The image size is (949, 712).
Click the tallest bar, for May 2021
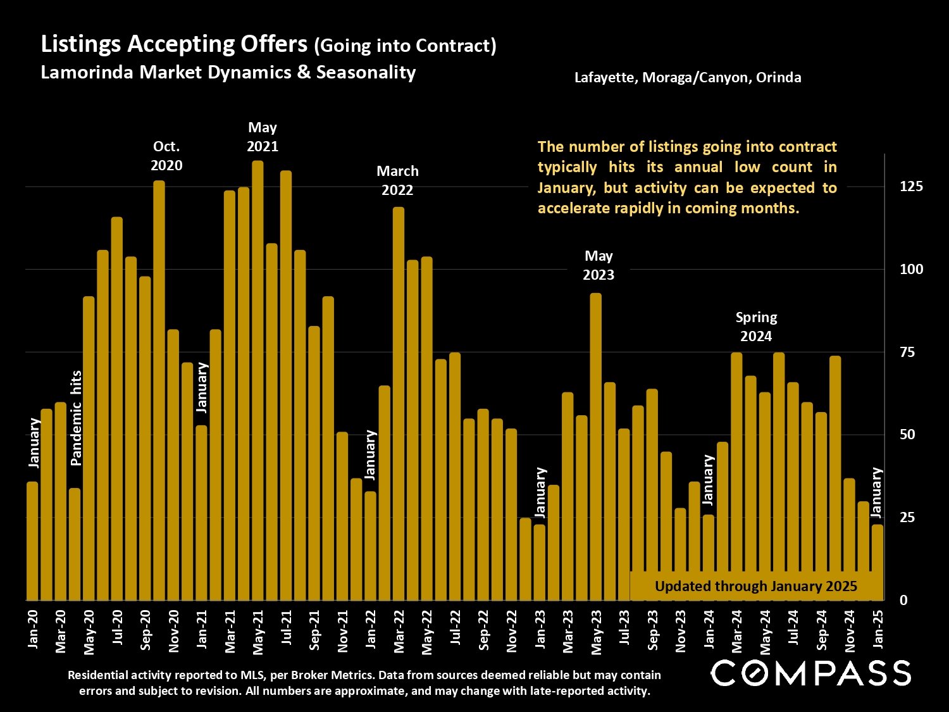(x=257, y=380)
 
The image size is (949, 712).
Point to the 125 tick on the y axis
(x=911, y=186)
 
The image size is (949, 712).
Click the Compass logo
(x=810, y=673)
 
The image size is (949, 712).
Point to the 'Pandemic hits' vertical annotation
(x=77, y=418)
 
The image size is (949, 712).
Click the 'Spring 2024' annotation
(x=756, y=327)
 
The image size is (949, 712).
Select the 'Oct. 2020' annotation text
(x=166, y=156)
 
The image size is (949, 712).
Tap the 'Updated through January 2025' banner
(x=756, y=586)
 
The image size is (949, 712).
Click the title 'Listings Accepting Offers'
(x=174, y=44)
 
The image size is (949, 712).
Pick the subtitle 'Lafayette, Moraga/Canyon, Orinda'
(x=688, y=77)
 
